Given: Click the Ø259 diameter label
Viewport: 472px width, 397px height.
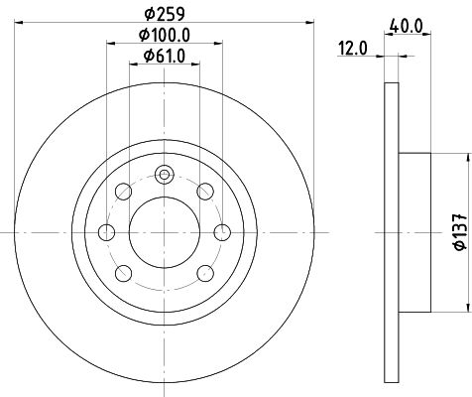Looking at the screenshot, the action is tap(165, 14).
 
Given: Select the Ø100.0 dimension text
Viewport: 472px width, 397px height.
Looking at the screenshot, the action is tap(165, 35).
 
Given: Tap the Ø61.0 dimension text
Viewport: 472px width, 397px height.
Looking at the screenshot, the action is tap(165, 57).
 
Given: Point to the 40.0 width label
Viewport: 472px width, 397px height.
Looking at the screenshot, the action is tap(407, 26).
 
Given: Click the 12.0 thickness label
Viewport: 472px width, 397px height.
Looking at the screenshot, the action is tap(352, 49).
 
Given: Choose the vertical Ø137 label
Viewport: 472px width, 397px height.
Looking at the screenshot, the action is tap(460, 231).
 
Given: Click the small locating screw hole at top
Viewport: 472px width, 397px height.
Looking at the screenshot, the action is tap(165, 175).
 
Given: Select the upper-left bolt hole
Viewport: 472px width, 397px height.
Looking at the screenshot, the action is tap(123, 192).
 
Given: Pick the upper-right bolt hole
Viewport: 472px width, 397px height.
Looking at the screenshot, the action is tap(205, 192).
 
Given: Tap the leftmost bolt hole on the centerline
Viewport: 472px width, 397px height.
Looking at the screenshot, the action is tap(106, 232).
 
